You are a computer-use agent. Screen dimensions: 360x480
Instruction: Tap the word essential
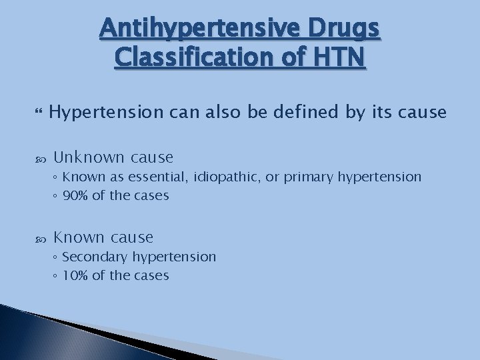point(153,177)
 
